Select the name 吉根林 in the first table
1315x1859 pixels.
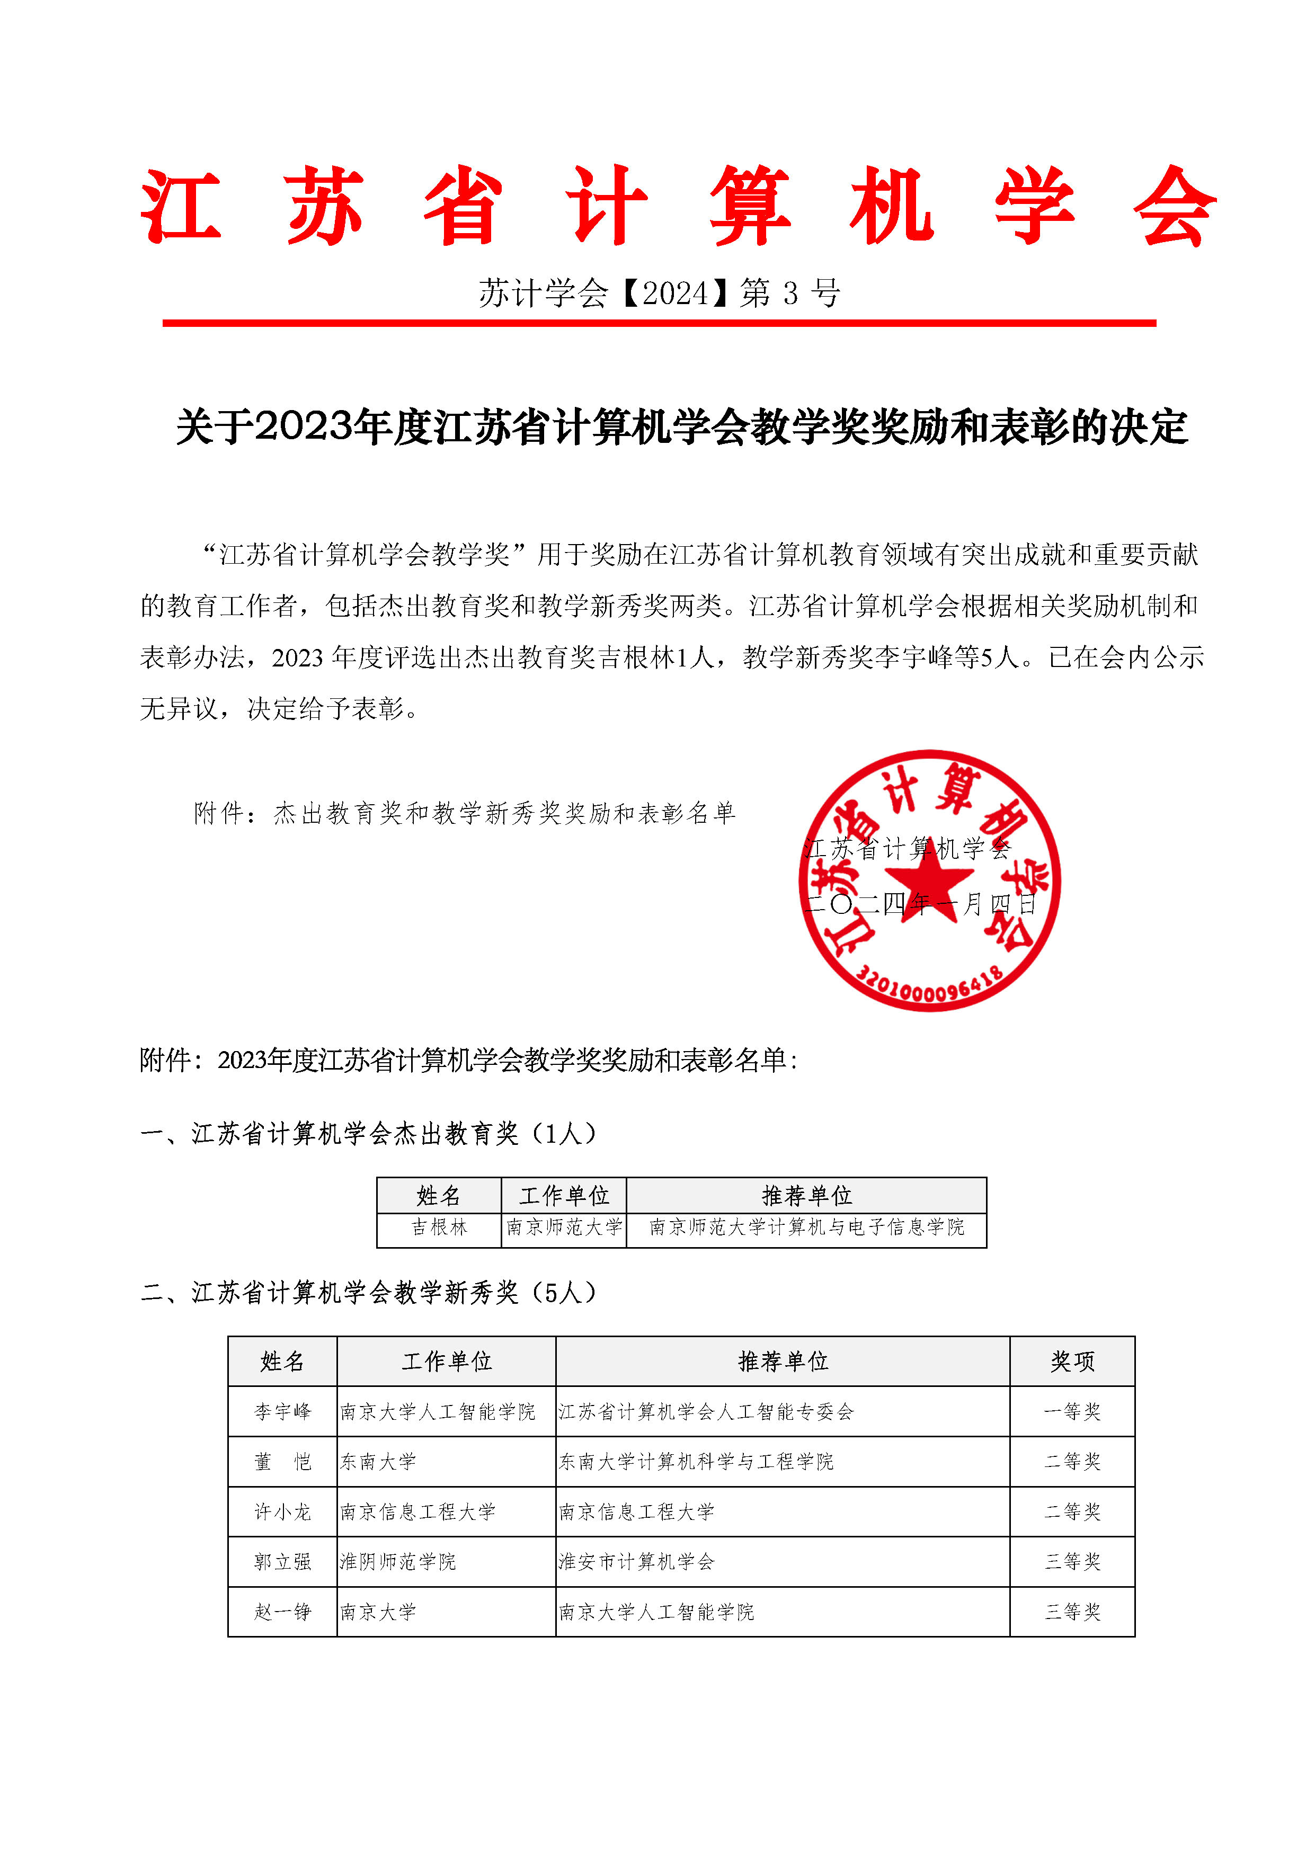coord(439,1228)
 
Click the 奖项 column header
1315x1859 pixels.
coord(1072,1361)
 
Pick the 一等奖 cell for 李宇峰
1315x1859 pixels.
coord(1072,1412)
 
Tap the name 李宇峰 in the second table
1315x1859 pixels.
coord(282,1412)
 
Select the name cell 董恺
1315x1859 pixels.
coord(282,1462)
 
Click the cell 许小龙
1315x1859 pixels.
coord(282,1511)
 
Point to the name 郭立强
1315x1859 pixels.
coord(282,1562)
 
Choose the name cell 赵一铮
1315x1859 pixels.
coord(282,1612)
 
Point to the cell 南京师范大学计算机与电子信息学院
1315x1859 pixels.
coord(806,1228)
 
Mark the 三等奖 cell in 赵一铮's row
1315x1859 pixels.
coord(1072,1612)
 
